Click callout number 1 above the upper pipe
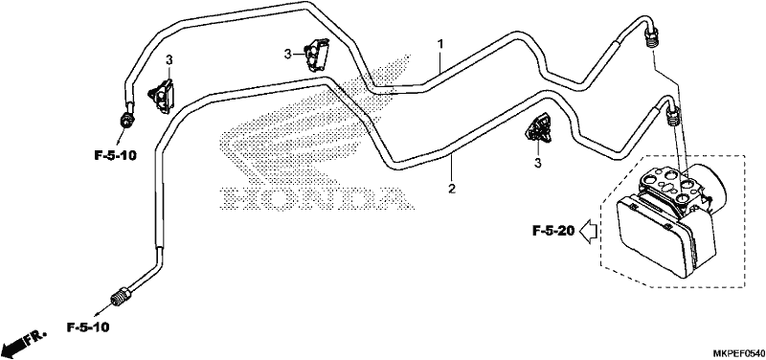440,44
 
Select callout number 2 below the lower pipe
452,188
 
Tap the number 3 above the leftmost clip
169,60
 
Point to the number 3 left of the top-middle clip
288,54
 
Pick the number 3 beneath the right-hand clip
538,163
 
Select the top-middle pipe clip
316,54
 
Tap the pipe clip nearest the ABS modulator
539,129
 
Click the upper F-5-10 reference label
115,156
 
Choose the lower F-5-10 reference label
88,326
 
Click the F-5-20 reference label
553,230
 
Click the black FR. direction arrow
22,343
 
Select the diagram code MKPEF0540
737,352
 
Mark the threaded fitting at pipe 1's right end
651,38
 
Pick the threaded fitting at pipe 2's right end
673,115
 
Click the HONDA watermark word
315,199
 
